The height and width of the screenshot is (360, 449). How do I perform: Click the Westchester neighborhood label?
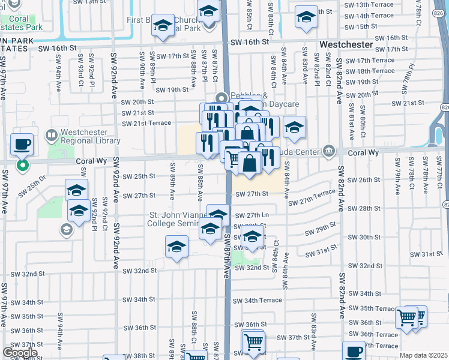(x=347, y=45)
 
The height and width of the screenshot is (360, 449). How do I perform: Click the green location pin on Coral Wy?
(x=23, y=165)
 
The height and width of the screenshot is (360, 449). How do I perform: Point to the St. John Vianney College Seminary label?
(x=178, y=220)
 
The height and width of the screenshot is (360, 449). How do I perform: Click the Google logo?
(x=20, y=353)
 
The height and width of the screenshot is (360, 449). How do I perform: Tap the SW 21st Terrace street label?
(x=146, y=124)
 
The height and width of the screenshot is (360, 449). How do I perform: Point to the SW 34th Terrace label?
(x=257, y=300)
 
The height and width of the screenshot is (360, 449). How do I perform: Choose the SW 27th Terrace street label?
(x=311, y=202)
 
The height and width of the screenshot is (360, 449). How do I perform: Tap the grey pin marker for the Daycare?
(x=221, y=98)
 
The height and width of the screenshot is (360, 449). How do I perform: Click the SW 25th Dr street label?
(x=35, y=181)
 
